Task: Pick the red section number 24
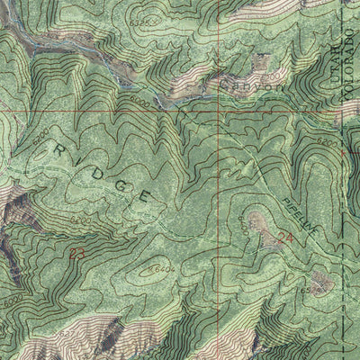pyautogui.click(x=285, y=238)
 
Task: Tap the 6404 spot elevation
pyautogui.click(x=161, y=269)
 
